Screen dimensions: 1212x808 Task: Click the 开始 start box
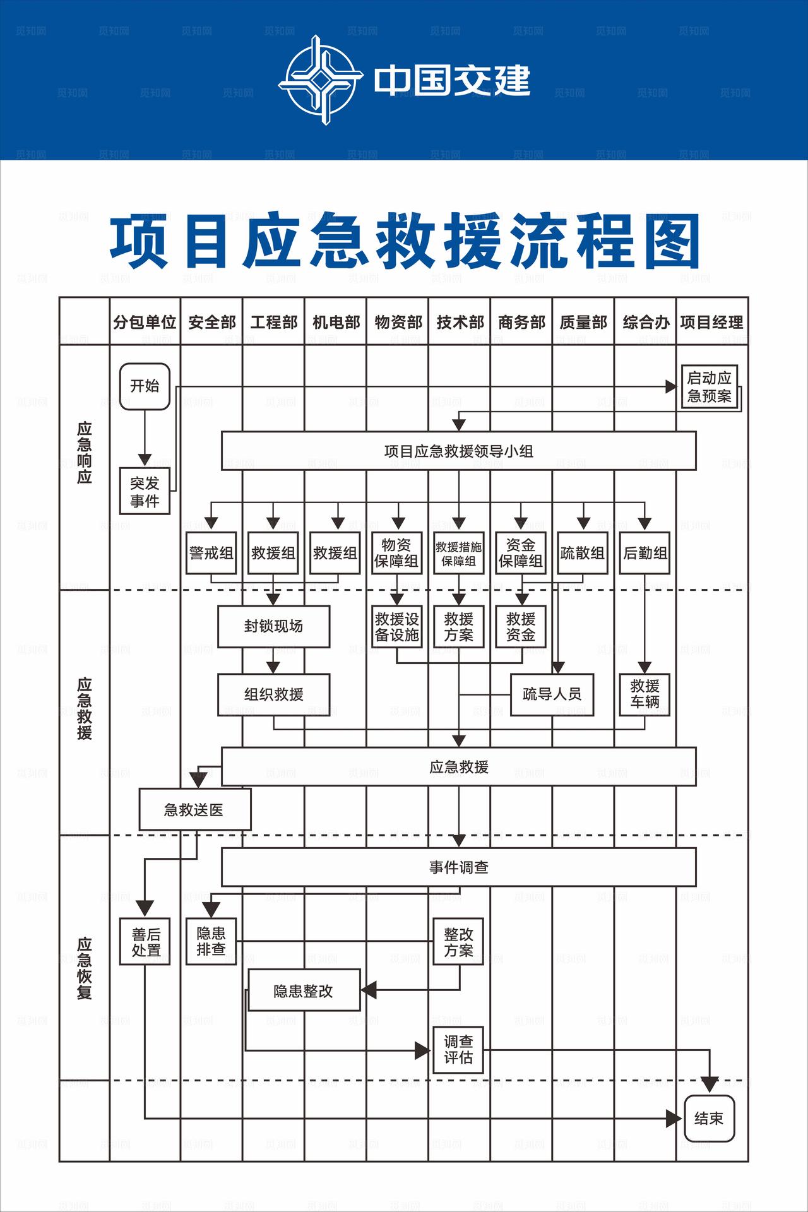pos(145,386)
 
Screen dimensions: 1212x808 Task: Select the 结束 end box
pos(710,1119)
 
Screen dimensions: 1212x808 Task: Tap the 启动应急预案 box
pos(710,387)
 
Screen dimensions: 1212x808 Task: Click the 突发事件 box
pos(145,492)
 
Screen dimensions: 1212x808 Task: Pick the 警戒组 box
pos(211,553)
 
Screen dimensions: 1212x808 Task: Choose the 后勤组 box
pos(645,553)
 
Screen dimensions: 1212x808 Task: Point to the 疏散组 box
pos(583,553)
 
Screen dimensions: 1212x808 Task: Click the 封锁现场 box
pos(273,626)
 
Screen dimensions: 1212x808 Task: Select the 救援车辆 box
pos(645,694)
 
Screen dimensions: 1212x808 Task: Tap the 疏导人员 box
pos(552,694)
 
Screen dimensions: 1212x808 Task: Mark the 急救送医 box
pos(194,809)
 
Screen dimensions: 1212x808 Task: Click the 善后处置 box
pos(145,942)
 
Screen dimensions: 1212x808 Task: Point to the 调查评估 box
pos(458,1050)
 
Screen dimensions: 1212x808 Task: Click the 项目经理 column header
pos(711,323)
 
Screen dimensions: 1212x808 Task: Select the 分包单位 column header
pos(145,323)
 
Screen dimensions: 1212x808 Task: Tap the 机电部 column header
pos(336,323)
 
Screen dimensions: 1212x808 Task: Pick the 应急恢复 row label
pos(85,968)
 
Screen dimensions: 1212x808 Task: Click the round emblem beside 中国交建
pos(321,80)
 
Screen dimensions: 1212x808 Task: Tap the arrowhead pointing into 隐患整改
pos(369,990)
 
